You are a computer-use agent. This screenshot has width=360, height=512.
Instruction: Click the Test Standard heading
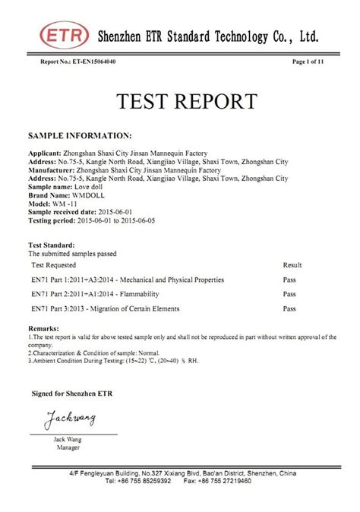tap(52, 246)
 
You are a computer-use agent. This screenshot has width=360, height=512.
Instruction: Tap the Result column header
tap(292, 265)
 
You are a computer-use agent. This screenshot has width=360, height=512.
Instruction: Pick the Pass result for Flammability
tap(289, 294)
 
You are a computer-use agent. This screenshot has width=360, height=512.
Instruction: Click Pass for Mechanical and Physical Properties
tap(289, 280)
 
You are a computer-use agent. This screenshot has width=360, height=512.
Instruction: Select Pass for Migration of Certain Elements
tap(289, 309)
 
